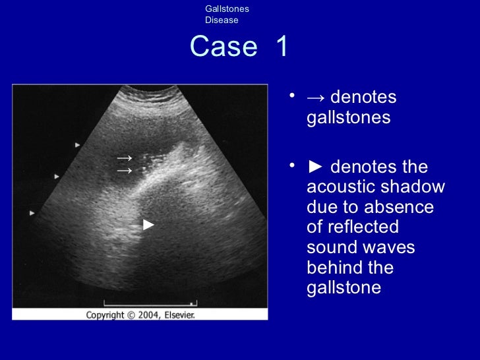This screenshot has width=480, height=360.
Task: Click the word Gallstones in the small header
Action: pos(227,9)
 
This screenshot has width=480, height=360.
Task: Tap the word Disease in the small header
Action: pos(222,20)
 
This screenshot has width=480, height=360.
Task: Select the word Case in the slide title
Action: pos(224,47)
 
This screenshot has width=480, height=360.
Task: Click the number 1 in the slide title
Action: pos(282,47)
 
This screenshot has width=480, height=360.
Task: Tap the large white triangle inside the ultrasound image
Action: pos(149,225)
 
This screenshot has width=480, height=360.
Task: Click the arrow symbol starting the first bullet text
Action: pos(316,98)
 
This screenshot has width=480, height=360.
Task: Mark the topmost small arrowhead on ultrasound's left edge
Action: pos(78,144)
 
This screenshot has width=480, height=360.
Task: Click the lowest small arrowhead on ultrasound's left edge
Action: pos(32,213)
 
